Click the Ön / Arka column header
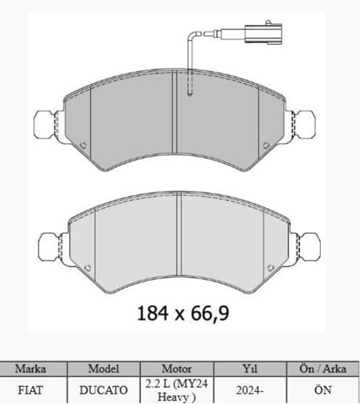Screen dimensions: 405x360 coord(322,369)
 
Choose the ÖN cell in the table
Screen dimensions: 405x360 coord(322,390)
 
